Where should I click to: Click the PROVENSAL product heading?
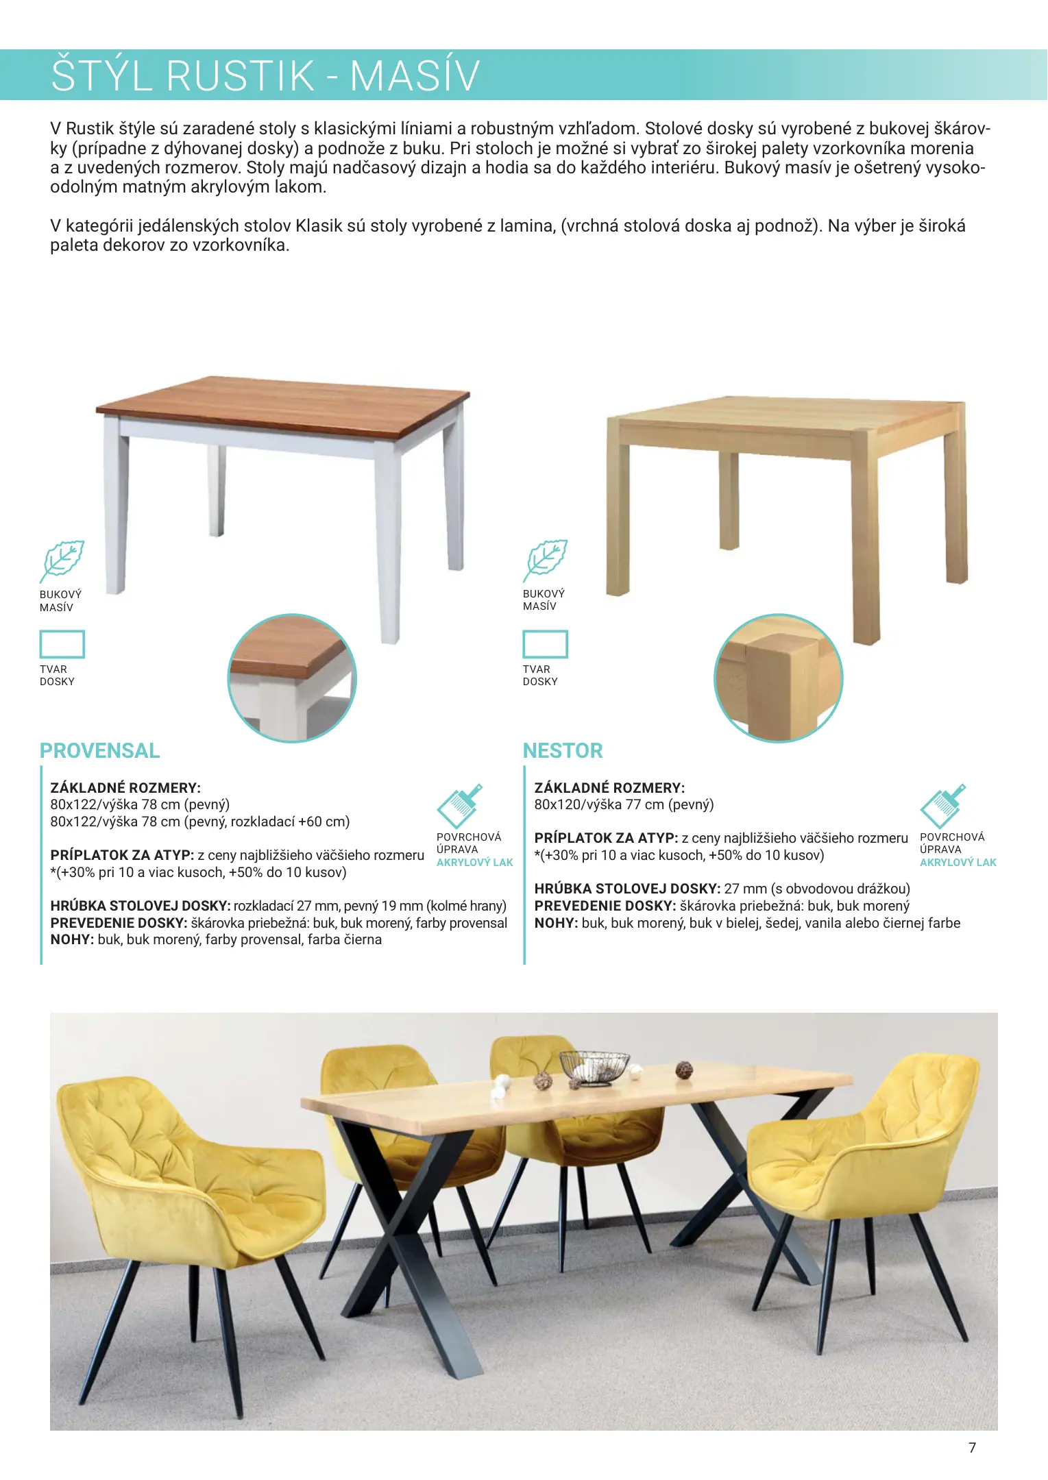pyautogui.click(x=99, y=751)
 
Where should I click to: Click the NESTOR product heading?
pyautogui.click(x=563, y=751)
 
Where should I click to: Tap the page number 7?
pyautogui.click(x=972, y=1448)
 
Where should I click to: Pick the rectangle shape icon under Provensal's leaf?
pyautogui.click(x=62, y=644)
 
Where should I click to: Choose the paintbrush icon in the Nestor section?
pyautogui.click(x=943, y=806)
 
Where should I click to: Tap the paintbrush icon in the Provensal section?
pyautogui.click(x=460, y=806)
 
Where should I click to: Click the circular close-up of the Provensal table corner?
pyautogui.click(x=292, y=678)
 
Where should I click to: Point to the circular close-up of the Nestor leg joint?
pyautogui.click(x=779, y=678)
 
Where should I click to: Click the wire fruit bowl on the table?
pyautogui.click(x=594, y=1068)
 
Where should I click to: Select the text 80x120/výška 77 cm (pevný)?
pyautogui.click(x=624, y=804)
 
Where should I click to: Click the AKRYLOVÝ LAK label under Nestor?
pyautogui.click(x=958, y=863)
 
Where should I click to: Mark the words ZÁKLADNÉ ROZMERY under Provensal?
pyautogui.click(x=125, y=788)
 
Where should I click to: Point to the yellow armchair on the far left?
pyautogui.click(x=185, y=1192)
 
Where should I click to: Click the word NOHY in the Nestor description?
pyautogui.click(x=556, y=923)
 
